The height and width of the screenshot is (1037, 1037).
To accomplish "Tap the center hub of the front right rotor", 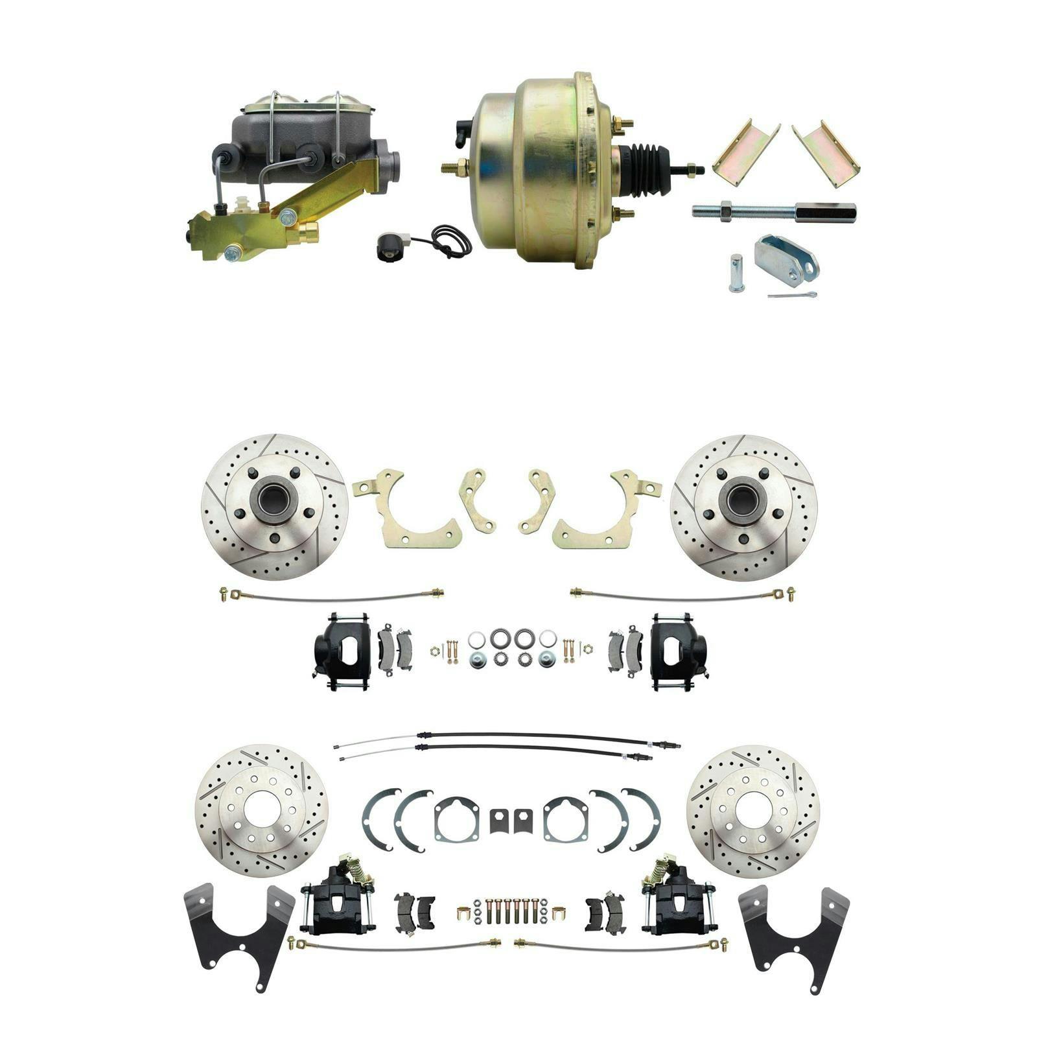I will click(743, 499).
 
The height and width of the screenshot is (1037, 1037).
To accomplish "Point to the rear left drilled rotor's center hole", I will click(261, 810).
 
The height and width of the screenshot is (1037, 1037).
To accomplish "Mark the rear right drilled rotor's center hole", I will click(753, 810).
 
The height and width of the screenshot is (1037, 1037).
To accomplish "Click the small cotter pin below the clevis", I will click(792, 296).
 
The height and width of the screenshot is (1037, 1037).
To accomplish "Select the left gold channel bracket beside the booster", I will click(745, 154).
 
